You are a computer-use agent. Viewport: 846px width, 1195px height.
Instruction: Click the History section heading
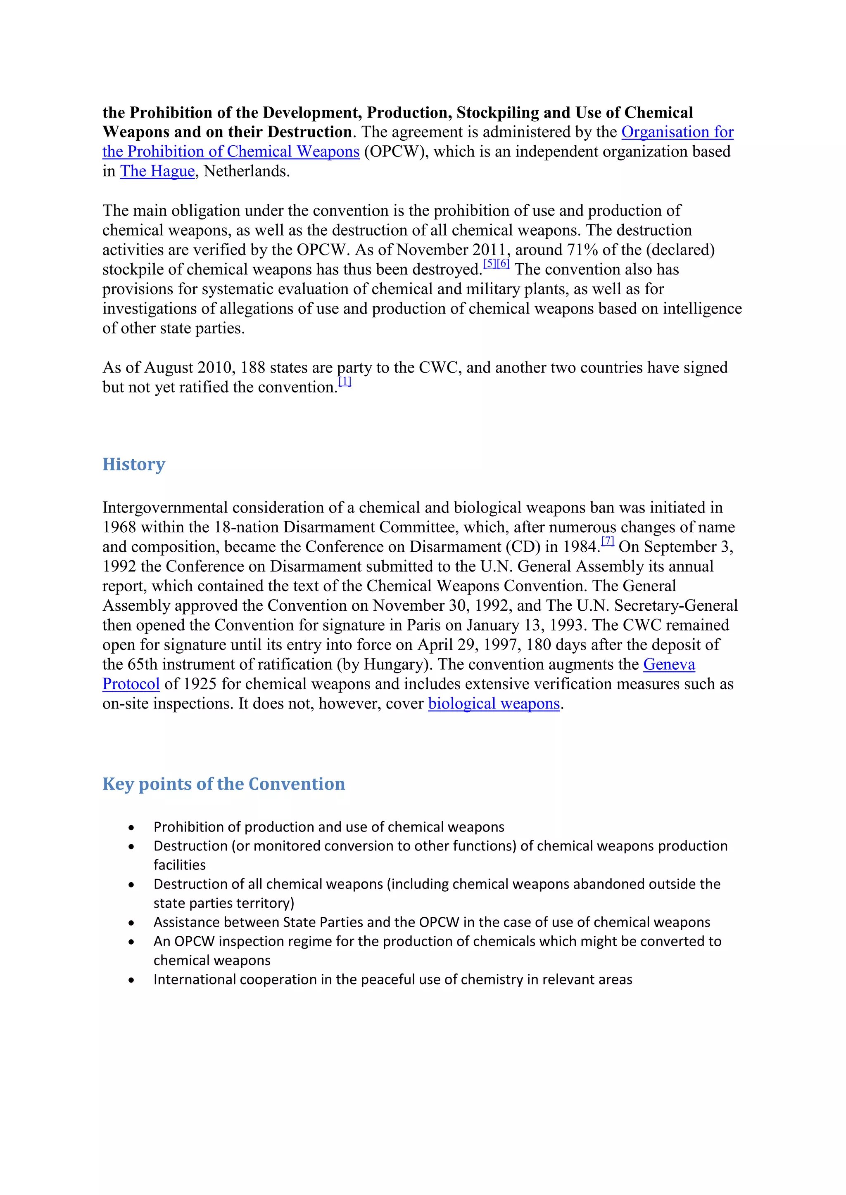pyautogui.click(x=133, y=464)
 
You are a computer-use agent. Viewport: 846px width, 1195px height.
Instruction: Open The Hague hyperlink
pyautogui.click(x=157, y=171)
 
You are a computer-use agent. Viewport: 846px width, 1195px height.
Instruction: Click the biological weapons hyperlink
pyautogui.click(x=493, y=704)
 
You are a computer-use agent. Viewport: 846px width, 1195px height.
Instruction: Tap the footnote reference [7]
pyautogui.click(x=607, y=541)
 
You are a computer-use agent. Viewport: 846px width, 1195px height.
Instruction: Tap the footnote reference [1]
pyautogui.click(x=345, y=382)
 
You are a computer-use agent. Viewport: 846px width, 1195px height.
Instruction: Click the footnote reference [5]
pyautogui.click(x=490, y=264)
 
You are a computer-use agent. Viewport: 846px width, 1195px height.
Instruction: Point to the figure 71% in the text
pyautogui.click(x=582, y=250)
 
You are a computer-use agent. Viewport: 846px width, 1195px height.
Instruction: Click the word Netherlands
pyautogui.click(x=246, y=171)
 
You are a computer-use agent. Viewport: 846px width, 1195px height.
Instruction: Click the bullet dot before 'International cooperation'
pyautogui.click(x=131, y=980)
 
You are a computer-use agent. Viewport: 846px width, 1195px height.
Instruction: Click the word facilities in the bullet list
pyautogui.click(x=179, y=865)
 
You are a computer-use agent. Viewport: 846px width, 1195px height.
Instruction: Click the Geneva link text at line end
pyautogui.click(x=669, y=665)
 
